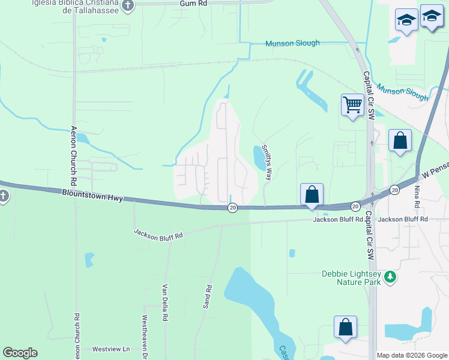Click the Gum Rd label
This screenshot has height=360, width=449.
(193, 4)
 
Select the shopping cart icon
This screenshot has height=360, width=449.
(352, 105)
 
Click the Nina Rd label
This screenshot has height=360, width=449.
(417, 196)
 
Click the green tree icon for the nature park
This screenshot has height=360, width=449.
(391, 276)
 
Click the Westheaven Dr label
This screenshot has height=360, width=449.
(145, 336)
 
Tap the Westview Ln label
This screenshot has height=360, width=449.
(110, 349)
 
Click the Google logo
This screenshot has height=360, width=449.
(20, 353)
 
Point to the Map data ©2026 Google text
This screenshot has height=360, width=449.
(411, 355)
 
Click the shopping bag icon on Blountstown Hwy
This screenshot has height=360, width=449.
(312, 195)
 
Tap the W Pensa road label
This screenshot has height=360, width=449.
(435, 171)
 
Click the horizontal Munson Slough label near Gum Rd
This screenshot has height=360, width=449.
(293, 43)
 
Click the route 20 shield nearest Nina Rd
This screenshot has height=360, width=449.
(394, 190)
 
